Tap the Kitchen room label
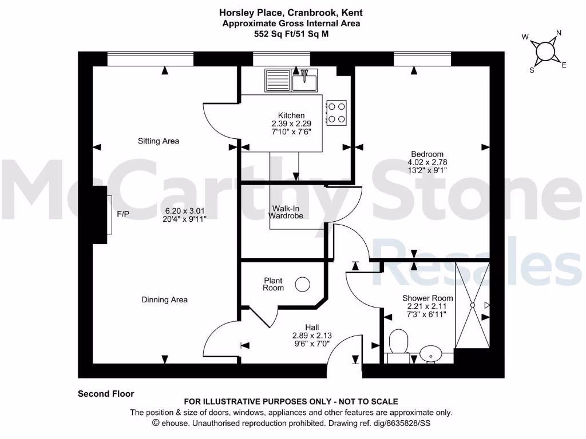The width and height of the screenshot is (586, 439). click(x=291, y=115)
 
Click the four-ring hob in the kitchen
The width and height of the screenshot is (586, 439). click(x=336, y=112)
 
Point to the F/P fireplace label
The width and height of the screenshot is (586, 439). click(x=122, y=215)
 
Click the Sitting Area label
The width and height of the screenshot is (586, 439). click(x=159, y=141)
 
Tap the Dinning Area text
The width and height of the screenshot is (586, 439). click(x=164, y=300)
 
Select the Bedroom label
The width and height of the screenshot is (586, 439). click(x=427, y=154)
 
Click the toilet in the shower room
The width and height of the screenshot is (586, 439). click(x=397, y=342)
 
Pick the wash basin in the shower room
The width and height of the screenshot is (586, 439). click(x=430, y=354)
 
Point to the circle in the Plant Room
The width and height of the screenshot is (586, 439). click(x=302, y=284)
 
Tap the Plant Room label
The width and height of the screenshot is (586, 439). click(x=274, y=284)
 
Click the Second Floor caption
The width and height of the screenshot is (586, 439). click(x=106, y=394)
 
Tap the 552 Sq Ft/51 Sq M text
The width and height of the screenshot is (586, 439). click(x=291, y=34)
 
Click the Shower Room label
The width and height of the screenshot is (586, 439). click(x=427, y=298)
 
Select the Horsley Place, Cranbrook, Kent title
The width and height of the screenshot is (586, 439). click(x=291, y=12)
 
